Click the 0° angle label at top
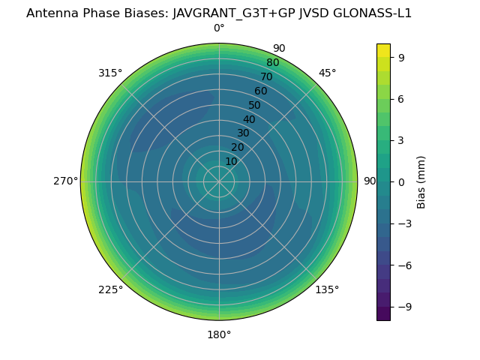click(x=219, y=28)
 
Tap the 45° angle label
click(x=327, y=73)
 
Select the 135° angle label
click(x=327, y=289)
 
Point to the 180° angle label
click(x=219, y=334)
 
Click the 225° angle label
click(x=110, y=289)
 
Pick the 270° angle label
click(x=65, y=181)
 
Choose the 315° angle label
click(x=110, y=73)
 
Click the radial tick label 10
click(x=231, y=161)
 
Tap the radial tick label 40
click(x=249, y=119)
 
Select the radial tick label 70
click(x=266, y=76)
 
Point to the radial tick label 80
click(x=272, y=62)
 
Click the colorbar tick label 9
click(x=402, y=56)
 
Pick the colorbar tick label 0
click(x=402, y=181)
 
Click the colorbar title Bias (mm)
click(x=421, y=181)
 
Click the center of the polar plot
click(x=219, y=181)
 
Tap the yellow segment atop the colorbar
click(x=383, y=50)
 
